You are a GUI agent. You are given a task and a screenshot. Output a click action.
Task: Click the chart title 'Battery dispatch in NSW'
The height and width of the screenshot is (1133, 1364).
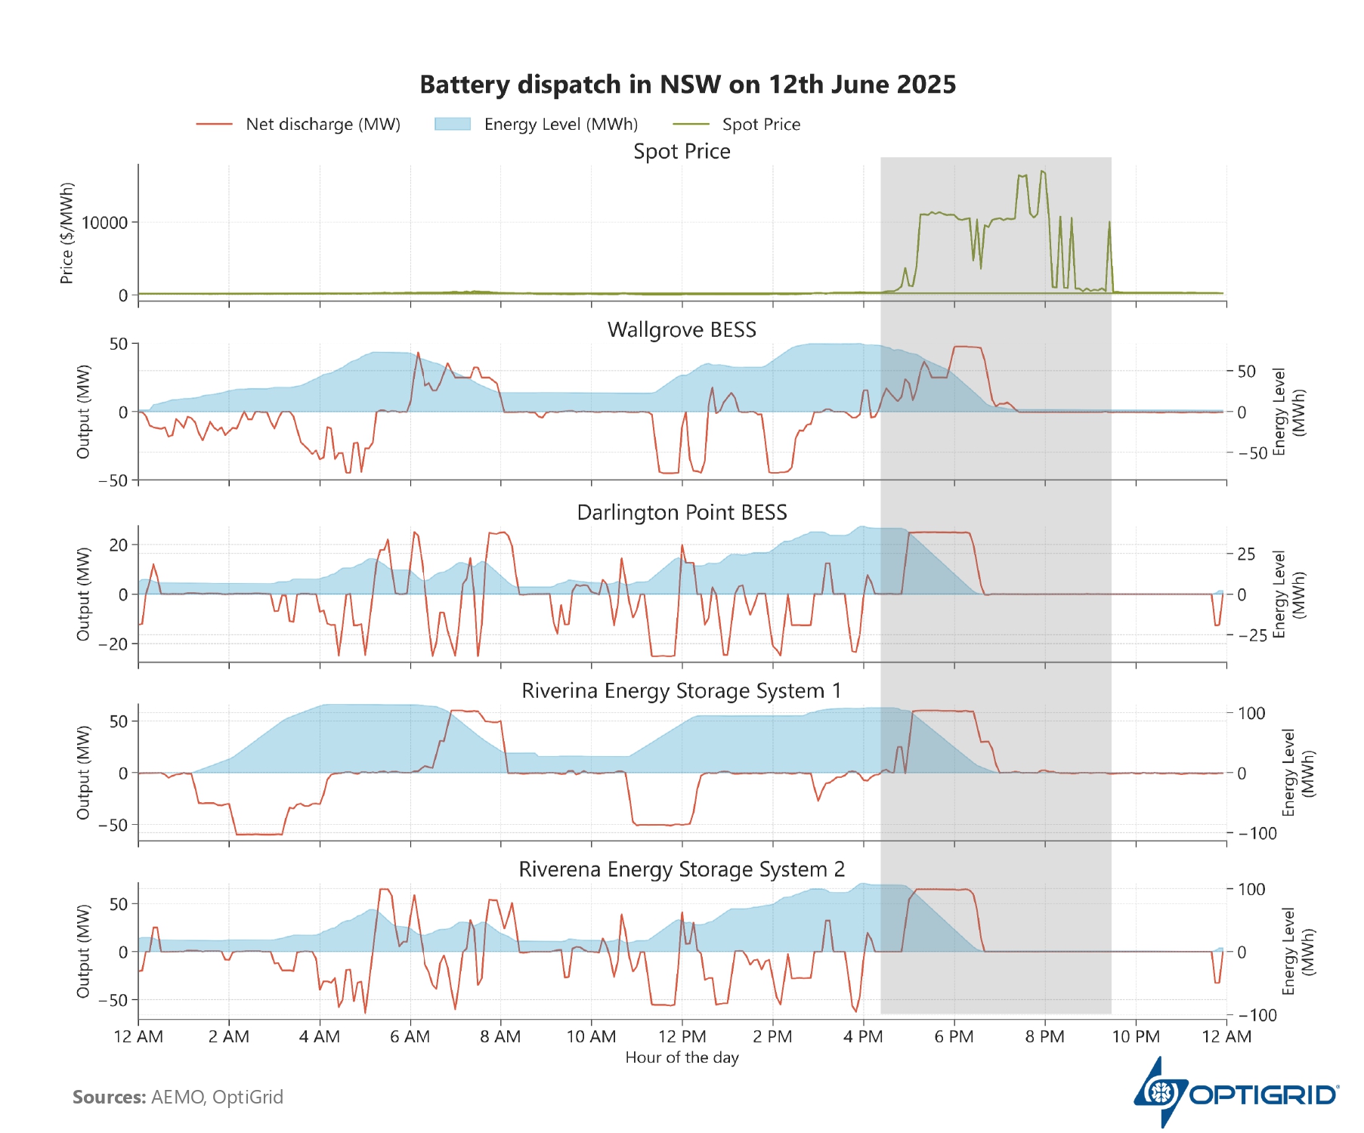point(688,85)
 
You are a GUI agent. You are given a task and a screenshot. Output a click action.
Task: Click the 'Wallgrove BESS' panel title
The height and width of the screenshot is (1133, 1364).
point(682,330)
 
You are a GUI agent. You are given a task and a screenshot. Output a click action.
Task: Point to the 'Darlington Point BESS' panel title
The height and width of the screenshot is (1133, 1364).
point(682,513)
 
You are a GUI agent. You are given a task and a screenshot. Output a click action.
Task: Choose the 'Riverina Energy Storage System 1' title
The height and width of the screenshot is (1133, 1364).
point(682,691)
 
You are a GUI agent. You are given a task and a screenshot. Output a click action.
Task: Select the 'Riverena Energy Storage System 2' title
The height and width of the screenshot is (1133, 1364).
point(682,869)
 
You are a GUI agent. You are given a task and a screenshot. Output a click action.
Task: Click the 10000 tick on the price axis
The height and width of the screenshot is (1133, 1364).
point(105,223)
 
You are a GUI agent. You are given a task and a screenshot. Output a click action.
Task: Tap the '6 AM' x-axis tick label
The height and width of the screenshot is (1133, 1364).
point(410,1036)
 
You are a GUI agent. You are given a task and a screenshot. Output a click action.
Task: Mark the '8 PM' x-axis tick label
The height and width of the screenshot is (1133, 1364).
point(1044,1036)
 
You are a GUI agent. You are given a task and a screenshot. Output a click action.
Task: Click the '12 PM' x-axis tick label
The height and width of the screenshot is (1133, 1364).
point(682,1036)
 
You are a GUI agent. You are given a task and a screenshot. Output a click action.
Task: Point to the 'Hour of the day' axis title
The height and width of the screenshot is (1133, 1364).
point(682,1057)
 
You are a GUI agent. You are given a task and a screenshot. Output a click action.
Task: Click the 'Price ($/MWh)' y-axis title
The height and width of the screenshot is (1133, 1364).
point(67,233)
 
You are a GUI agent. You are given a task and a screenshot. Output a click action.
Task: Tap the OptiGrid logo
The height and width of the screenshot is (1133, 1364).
point(1236,1093)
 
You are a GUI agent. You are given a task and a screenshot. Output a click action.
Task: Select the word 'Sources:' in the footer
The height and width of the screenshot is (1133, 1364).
point(110,1097)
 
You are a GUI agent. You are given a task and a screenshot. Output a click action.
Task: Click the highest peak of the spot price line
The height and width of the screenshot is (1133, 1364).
point(1042,171)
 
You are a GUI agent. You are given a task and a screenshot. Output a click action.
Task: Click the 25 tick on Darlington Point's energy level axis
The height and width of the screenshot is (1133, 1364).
point(1245,554)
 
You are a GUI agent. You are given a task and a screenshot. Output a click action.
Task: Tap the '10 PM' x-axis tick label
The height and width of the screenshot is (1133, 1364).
point(1135,1036)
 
